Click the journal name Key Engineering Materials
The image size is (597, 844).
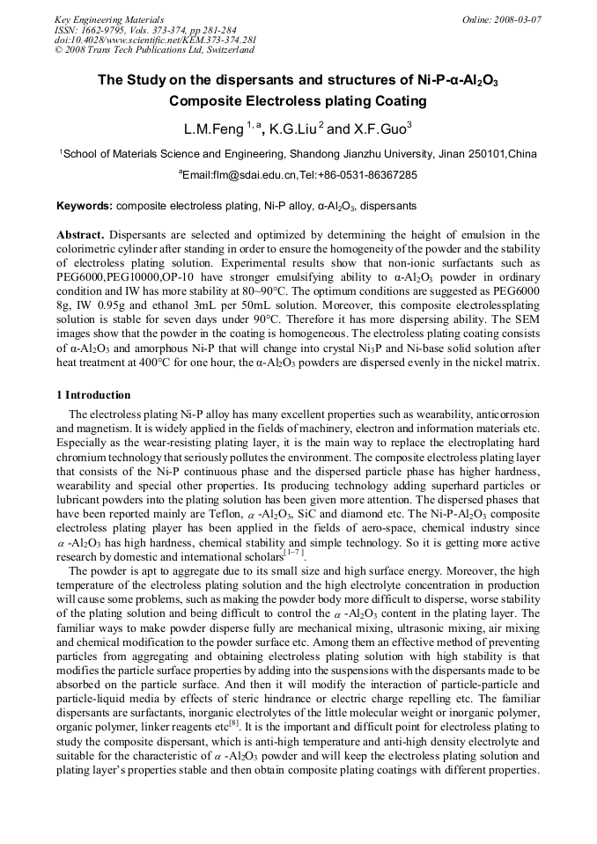108,18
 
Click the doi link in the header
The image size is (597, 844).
155,40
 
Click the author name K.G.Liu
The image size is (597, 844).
290,129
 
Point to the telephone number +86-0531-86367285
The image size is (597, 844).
373,175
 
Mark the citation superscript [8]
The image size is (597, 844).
233,723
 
